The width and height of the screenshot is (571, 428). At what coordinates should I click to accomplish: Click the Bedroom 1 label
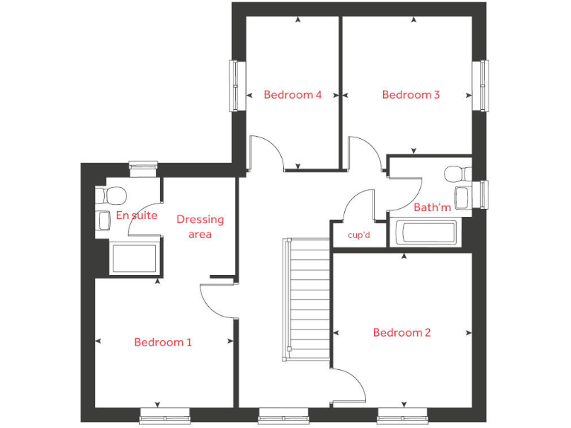point(163,343)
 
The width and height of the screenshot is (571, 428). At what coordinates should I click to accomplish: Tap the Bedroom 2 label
point(401,333)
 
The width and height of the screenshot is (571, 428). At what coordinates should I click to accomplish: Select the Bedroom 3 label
point(410,94)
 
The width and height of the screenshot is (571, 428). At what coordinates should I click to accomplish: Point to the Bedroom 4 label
point(292,94)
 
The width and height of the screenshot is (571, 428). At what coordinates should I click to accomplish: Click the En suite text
point(137,216)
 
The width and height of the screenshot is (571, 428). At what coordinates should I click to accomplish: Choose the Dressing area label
point(199,227)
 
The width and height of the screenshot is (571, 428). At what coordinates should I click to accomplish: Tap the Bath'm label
point(432,207)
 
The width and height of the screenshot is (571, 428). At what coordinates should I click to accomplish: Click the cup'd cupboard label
point(358,235)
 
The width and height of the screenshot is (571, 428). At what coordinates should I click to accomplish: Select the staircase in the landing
point(308,297)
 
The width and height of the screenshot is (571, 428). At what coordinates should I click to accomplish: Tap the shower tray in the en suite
point(134,258)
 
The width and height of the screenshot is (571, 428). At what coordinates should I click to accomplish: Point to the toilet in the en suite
point(112,196)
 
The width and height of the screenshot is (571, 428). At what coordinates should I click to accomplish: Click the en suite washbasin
point(103,221)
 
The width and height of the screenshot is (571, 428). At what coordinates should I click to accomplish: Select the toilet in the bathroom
point(456,174)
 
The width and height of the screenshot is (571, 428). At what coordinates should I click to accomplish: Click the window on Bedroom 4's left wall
point(236,85)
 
